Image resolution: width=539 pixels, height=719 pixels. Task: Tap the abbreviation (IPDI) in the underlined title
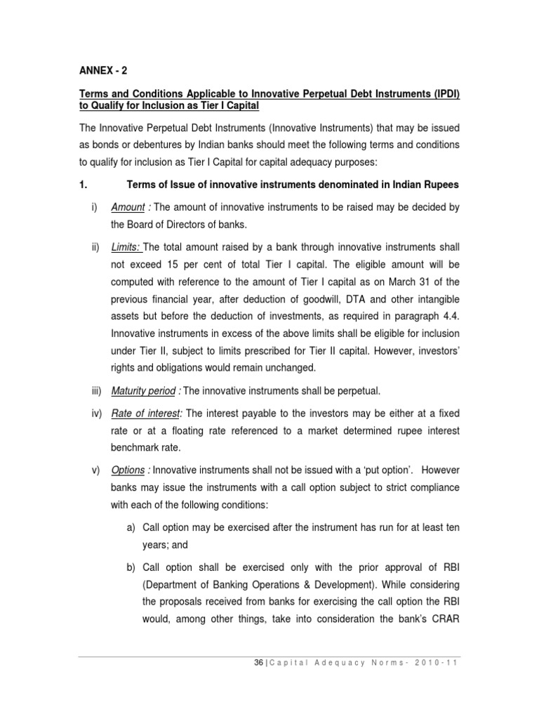[437, 94]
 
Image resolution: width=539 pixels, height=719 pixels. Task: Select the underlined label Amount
[126, 208]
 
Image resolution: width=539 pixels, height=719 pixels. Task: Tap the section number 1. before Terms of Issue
[81, 184]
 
